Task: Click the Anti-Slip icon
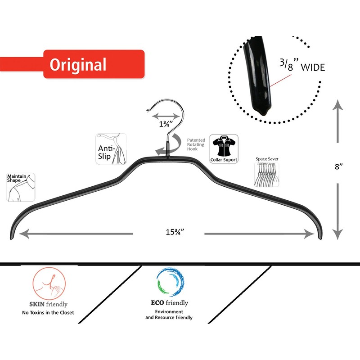[110, 149]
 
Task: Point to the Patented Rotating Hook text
[195, 144]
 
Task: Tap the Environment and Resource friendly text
[169, 314]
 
